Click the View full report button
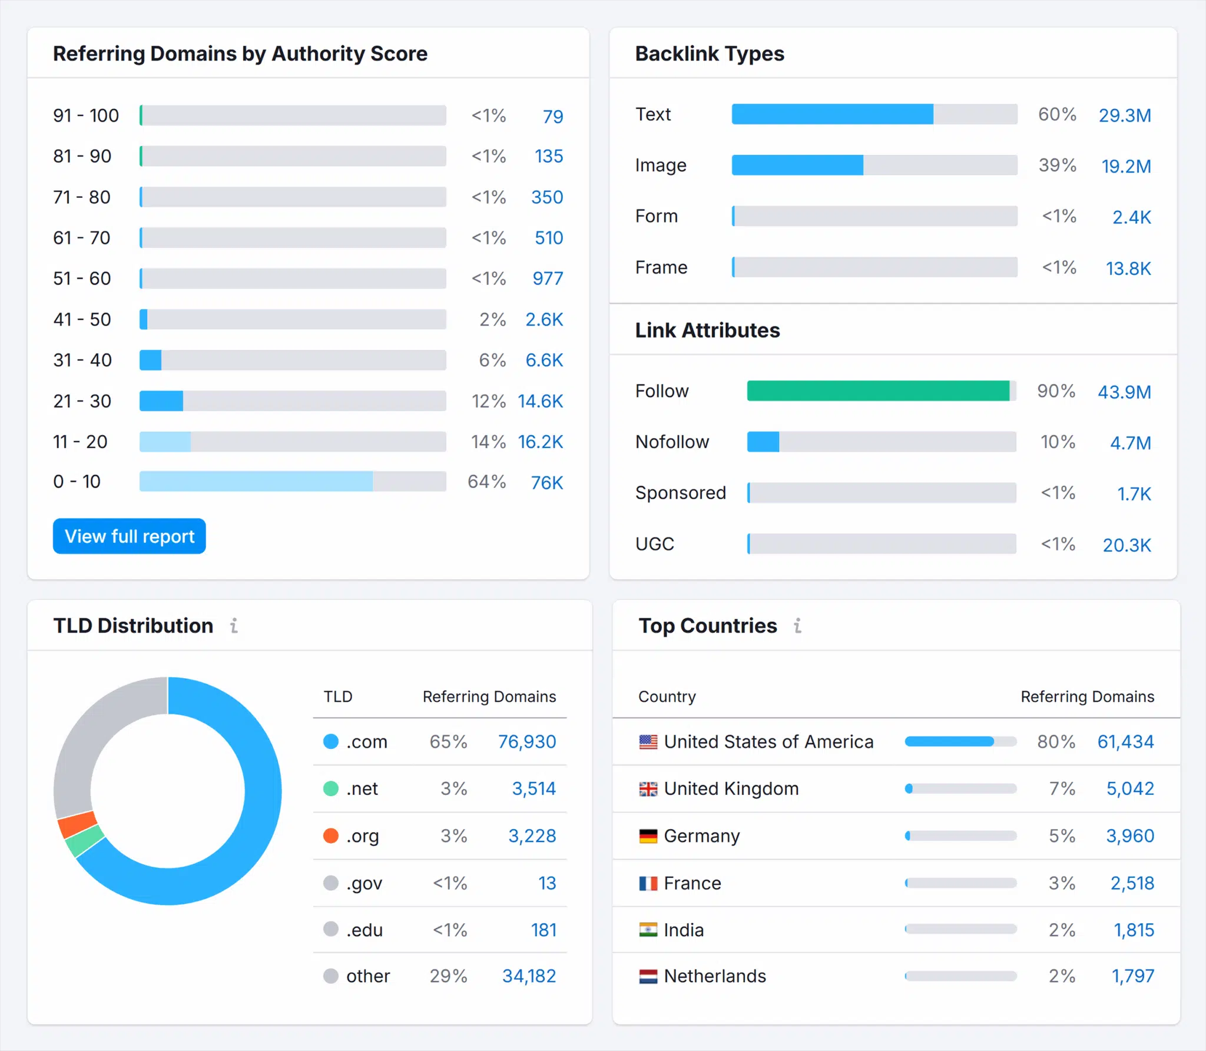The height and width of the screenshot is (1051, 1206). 129,536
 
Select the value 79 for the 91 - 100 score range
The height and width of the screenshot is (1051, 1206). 552,116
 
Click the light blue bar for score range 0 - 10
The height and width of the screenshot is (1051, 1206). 256,481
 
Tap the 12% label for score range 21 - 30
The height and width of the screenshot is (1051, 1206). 488,401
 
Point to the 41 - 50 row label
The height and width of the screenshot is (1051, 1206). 82,319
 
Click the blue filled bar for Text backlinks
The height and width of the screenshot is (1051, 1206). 831,114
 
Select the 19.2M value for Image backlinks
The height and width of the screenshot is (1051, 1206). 1126,166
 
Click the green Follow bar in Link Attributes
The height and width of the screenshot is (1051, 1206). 877,391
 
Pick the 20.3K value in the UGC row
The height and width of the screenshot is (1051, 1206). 1126,545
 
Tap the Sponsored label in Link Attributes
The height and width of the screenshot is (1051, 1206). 680,493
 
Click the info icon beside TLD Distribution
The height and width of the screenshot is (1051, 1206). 234,625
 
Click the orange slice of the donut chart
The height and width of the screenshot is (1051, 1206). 78,824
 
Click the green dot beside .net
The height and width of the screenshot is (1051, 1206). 331,788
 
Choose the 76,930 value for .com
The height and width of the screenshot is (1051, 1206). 526,741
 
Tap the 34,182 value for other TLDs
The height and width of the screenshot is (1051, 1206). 528,976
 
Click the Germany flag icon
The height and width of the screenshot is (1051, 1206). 648,836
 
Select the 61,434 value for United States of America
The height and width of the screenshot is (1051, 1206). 1125,741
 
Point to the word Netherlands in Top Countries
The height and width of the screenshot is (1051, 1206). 714,976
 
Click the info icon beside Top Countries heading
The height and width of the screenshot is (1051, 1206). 797,625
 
